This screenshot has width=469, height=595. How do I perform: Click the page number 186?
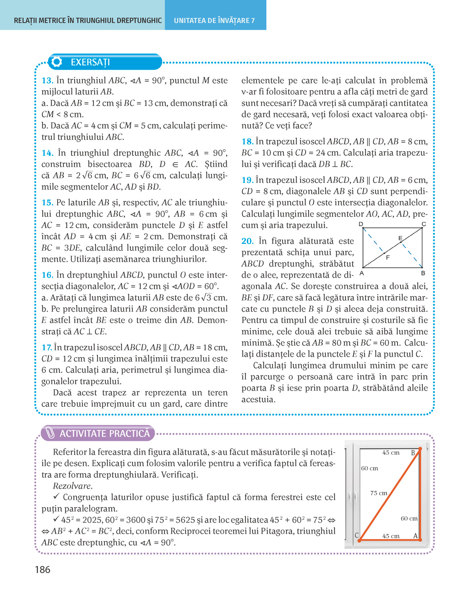(42, 570)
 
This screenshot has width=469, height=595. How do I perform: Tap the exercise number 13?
(47, 81)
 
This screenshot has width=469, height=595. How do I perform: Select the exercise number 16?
(47, 275)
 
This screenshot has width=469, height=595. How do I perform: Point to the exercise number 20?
(247, 241)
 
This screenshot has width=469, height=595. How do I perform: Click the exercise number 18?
(247, 142)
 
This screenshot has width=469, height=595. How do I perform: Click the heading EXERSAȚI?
(90, 62)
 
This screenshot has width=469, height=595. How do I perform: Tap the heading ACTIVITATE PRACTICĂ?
(104, 434)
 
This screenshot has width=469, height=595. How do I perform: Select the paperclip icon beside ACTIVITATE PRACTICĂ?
(50, 433)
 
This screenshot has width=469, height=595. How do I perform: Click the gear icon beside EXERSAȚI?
(57, 62)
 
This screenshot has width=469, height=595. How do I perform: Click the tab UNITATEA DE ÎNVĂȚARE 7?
(214, 21)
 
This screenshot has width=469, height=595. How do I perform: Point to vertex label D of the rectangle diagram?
(361, 224)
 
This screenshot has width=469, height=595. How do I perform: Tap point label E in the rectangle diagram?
(400, 238)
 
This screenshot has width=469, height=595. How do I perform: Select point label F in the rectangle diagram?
(387, 258)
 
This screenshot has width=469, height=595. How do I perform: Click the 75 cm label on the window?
(379, 493)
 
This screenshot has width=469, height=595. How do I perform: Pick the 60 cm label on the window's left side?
(370, 468)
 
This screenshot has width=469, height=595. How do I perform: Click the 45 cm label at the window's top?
(391, 453)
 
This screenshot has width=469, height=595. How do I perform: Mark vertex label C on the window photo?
(357, 535)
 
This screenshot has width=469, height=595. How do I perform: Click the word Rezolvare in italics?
(72, 486)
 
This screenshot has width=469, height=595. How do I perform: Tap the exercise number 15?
(47, 203)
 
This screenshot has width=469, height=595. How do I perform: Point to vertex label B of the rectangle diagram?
(423, 273)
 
